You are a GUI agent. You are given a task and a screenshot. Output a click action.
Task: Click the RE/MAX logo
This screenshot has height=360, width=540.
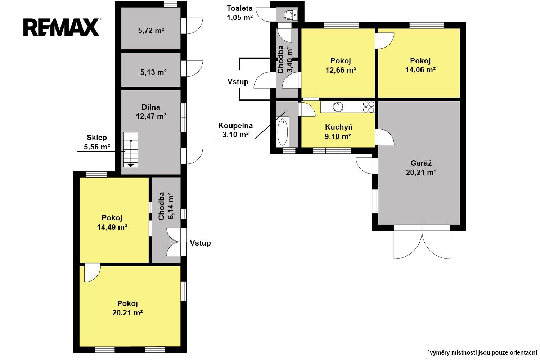(x=62, y=27)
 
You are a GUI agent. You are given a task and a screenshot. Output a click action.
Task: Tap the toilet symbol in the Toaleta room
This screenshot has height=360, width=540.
(x=291, y=15)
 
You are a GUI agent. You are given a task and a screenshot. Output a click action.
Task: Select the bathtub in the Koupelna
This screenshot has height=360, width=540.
(x=283, y=132)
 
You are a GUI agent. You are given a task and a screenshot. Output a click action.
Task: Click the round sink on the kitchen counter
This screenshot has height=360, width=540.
(x=338, y=107)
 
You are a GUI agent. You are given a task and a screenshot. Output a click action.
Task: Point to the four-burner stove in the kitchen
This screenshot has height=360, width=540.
(x=369, y=107)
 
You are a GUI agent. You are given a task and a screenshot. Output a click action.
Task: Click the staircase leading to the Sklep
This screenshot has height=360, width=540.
(x=131, y=149)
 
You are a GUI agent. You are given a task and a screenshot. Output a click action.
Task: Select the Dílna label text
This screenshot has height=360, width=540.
(x=151, y=107)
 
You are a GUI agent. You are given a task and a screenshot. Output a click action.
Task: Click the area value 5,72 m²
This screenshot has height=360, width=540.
(x=151, y=31)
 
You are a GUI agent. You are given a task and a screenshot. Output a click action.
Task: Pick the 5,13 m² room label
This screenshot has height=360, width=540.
(x=154, y=72)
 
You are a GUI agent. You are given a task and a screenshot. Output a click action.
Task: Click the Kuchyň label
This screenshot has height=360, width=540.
(x=339, y=127)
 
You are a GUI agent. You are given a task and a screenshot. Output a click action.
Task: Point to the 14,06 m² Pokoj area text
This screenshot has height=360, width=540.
(x=420, y=70)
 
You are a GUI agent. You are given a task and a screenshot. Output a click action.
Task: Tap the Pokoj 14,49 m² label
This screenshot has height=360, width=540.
(x=112, y=222)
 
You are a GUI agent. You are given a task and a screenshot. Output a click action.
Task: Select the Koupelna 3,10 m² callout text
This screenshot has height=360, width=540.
(x=235, y=130)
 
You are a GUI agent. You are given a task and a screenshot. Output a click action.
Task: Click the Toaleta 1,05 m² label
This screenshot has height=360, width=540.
(x=240, y=13)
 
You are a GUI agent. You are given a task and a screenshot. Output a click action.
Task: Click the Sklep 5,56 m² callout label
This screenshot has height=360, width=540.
(x=97, y=142)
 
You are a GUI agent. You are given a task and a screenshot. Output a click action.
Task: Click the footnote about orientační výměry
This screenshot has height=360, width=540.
(x=483, y=352)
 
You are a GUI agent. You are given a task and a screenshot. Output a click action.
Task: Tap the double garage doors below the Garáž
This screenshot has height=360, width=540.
(x=422, y=242)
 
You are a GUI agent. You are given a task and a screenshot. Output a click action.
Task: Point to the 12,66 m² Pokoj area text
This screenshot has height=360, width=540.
(x=341, y=70)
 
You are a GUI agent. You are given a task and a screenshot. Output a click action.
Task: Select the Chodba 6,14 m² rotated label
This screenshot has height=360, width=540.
(x=166, y=206)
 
